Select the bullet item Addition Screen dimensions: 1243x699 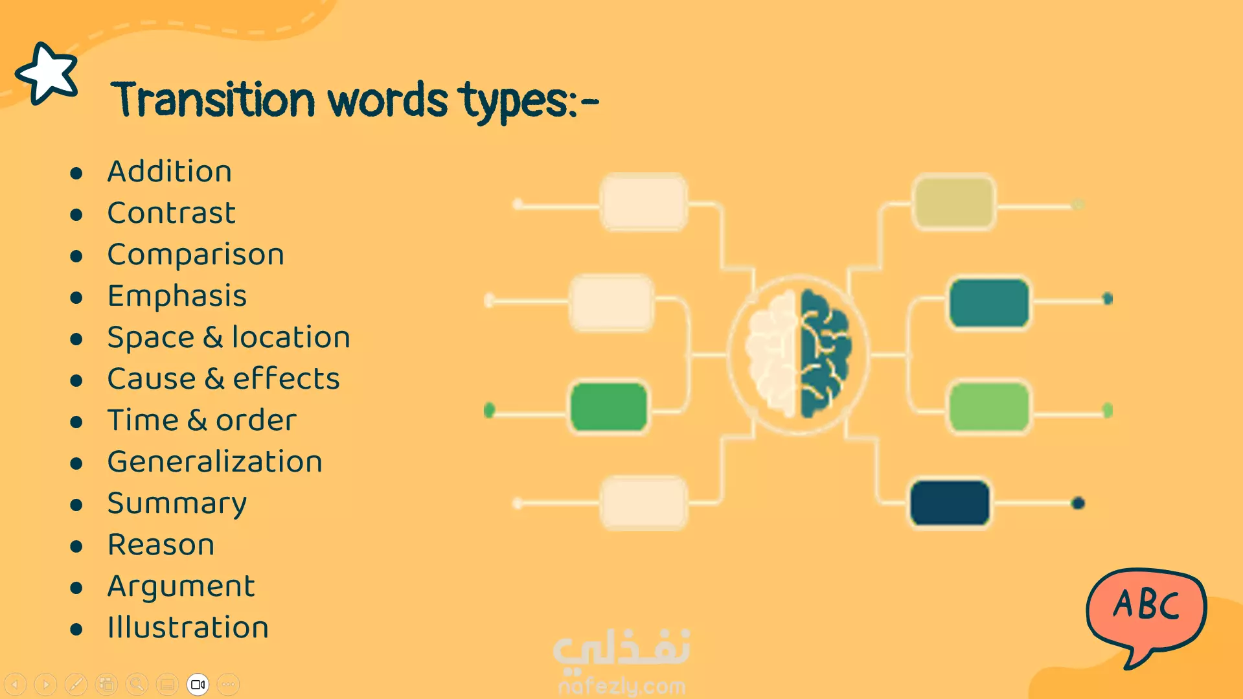[x=170, y=171]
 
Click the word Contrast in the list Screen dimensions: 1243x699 [x=172, y=212]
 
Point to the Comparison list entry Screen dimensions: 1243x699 [x=196, y=255]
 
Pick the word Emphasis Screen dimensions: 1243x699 [x=177, y=296]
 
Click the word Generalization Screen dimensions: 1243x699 [x=215, y=461]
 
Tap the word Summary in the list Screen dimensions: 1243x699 [x=177, y=503]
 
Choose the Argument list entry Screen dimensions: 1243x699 [x=181, y=586]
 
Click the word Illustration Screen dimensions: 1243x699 [x=188, y=627]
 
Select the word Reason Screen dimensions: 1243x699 [x=161, y=544]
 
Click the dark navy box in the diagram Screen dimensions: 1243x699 [x=950, y=503]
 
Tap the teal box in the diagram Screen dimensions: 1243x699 [x=989, y=303]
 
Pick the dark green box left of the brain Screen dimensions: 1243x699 [x=609, y=407]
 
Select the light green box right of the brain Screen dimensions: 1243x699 [x=989, y=407]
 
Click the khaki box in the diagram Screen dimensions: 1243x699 [x=953, y=201]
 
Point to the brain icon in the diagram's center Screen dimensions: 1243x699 [x=798, y=354]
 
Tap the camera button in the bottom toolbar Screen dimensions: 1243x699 [x=198, y=684]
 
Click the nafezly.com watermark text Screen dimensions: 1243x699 [x=622, y=685]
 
